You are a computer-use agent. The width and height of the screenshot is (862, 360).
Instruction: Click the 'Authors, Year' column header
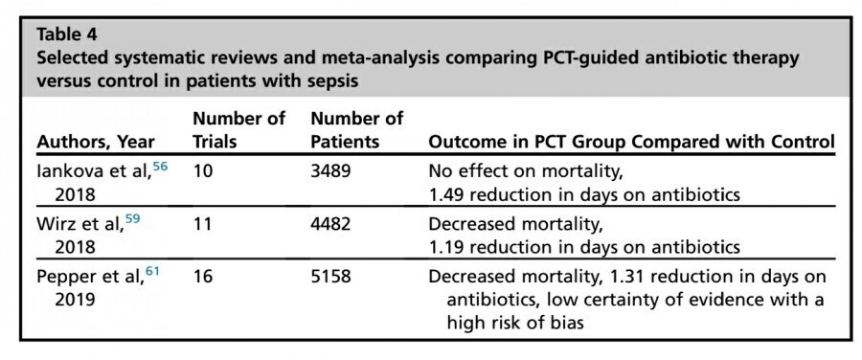[x=95, y=142]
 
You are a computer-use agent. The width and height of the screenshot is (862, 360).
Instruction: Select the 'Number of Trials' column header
[x=238, y=130]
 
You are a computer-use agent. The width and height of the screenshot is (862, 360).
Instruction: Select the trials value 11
[x=203, y=226]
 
